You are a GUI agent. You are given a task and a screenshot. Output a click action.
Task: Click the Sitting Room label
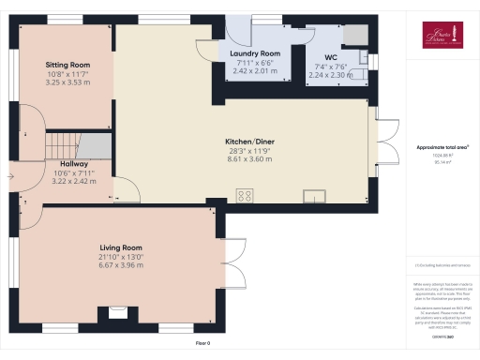[67, 65]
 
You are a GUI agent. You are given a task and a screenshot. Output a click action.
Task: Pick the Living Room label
[125, 248]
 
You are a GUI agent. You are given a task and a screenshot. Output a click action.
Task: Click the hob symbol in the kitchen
[247, 195]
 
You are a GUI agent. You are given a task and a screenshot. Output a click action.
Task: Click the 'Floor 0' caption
[202, 344]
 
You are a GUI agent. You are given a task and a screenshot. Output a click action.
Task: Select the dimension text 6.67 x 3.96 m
[125, 265]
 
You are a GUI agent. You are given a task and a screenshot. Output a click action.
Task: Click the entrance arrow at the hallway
[10, 173]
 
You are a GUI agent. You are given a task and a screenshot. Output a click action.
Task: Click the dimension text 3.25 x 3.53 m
[67, 82]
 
